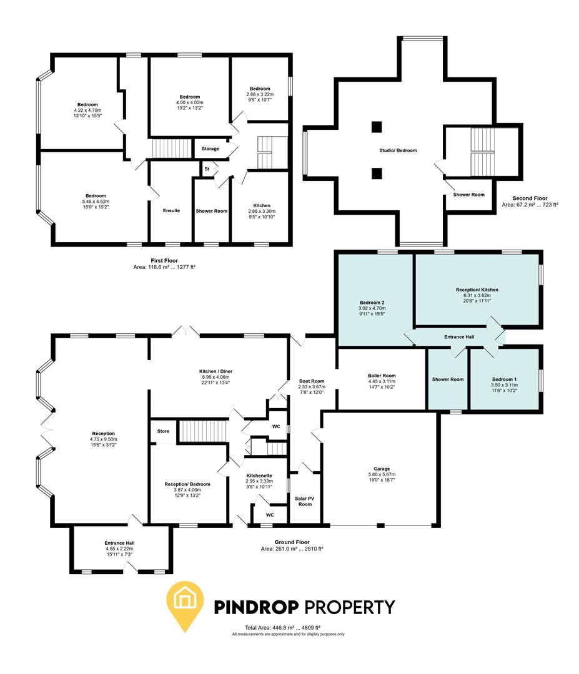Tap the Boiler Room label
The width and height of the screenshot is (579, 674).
coord(382,375)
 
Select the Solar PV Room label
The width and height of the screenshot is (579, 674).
coord(305,501)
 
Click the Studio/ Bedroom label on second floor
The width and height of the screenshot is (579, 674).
coord(397,150)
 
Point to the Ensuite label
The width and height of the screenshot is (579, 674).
coord(171,211)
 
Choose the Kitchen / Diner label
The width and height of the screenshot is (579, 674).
coord(215,371)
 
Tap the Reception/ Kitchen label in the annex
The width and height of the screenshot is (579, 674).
coord(477,290)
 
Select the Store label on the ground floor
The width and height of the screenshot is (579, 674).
coord(163,431)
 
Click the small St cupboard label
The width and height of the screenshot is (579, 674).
coord(206,168)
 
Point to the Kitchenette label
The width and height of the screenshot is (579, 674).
coord(259,475)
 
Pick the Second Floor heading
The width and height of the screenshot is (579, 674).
coord(530,197)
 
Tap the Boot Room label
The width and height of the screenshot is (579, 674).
coord(312,381)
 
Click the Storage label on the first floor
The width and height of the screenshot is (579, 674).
coord(210,149)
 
